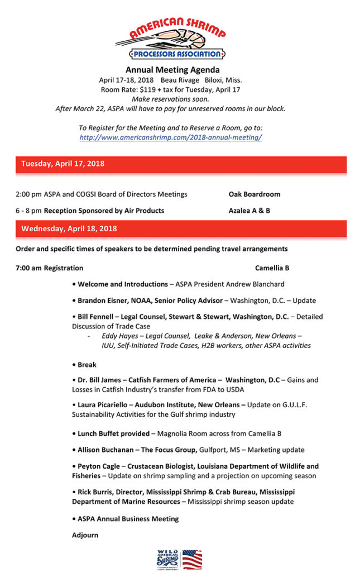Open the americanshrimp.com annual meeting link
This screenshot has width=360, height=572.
coord(171,137)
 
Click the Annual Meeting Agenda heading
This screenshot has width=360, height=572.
coord(170,70)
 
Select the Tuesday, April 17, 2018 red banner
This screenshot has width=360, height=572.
coord(63,164)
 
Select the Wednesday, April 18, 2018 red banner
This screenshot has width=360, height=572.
coord(69,228)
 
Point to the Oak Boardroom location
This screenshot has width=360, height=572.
coord(255,194)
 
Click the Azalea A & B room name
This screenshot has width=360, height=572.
coord(249,211)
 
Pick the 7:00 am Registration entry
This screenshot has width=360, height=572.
coord(50,268)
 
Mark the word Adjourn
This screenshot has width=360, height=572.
coord(85,535)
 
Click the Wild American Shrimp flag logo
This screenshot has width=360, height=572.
coord(180,559)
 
